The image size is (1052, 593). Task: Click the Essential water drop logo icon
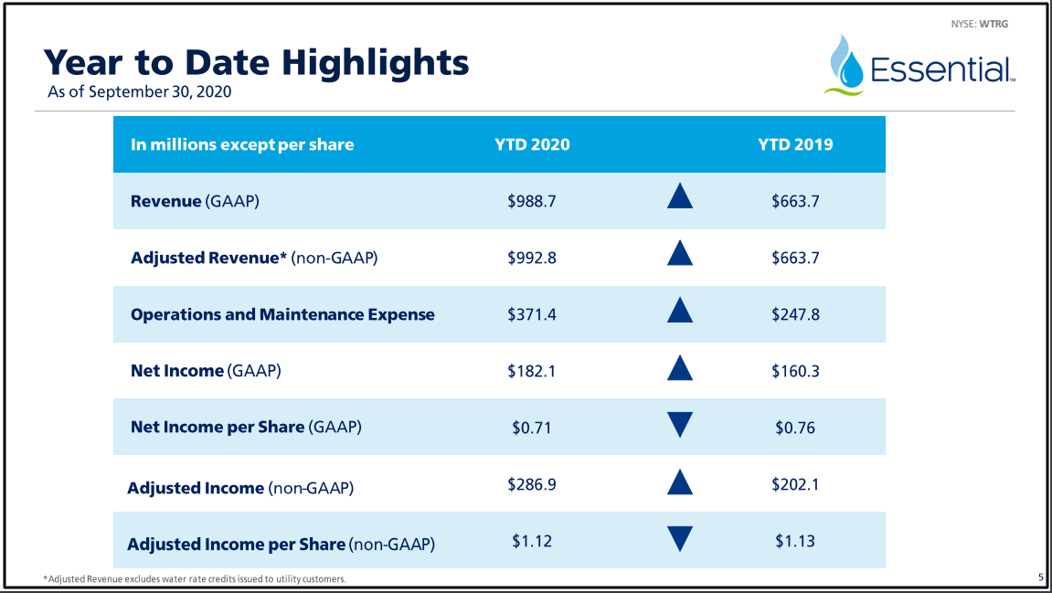coord(847,66)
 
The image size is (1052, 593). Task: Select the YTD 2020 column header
coord(532,144)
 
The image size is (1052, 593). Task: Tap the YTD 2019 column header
coord(795,144)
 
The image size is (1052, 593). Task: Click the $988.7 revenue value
coord(532,201)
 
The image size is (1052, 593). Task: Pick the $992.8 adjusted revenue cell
coord(532,258)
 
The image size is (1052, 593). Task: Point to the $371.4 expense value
coord(532,314)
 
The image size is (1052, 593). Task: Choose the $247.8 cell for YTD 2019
coord(795,314)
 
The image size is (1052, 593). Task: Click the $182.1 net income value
coord(532,371)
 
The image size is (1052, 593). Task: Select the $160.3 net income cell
coord(795,371)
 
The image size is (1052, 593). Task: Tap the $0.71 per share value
coord(532,428)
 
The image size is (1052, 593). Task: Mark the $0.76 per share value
coord(795,428)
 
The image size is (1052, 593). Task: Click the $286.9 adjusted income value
coord(532,484)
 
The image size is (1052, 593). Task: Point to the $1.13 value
coord(795,541)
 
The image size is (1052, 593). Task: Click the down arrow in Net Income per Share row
coord(680,425)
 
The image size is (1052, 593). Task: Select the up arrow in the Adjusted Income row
coord(680,483)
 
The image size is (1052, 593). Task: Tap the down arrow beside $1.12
coord(680,538)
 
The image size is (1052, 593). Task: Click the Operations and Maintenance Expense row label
coord(282,314)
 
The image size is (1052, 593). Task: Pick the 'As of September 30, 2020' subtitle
coord(139,91)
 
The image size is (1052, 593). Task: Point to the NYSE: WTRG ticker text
coord(979,24)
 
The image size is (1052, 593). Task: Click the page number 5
coord(1041,577)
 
